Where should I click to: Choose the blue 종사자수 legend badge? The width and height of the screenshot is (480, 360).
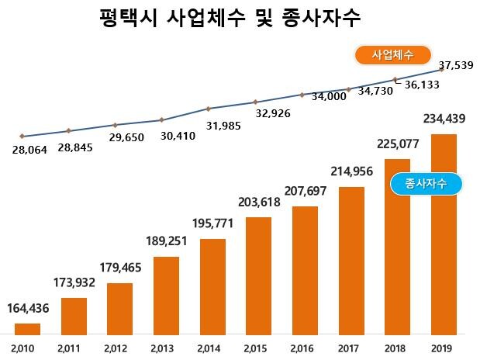click(425, 184)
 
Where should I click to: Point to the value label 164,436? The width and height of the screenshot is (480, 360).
click(28, 309)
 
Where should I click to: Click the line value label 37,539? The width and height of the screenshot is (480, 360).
click(434, 65)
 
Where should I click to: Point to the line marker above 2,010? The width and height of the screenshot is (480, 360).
click(22, 137)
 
